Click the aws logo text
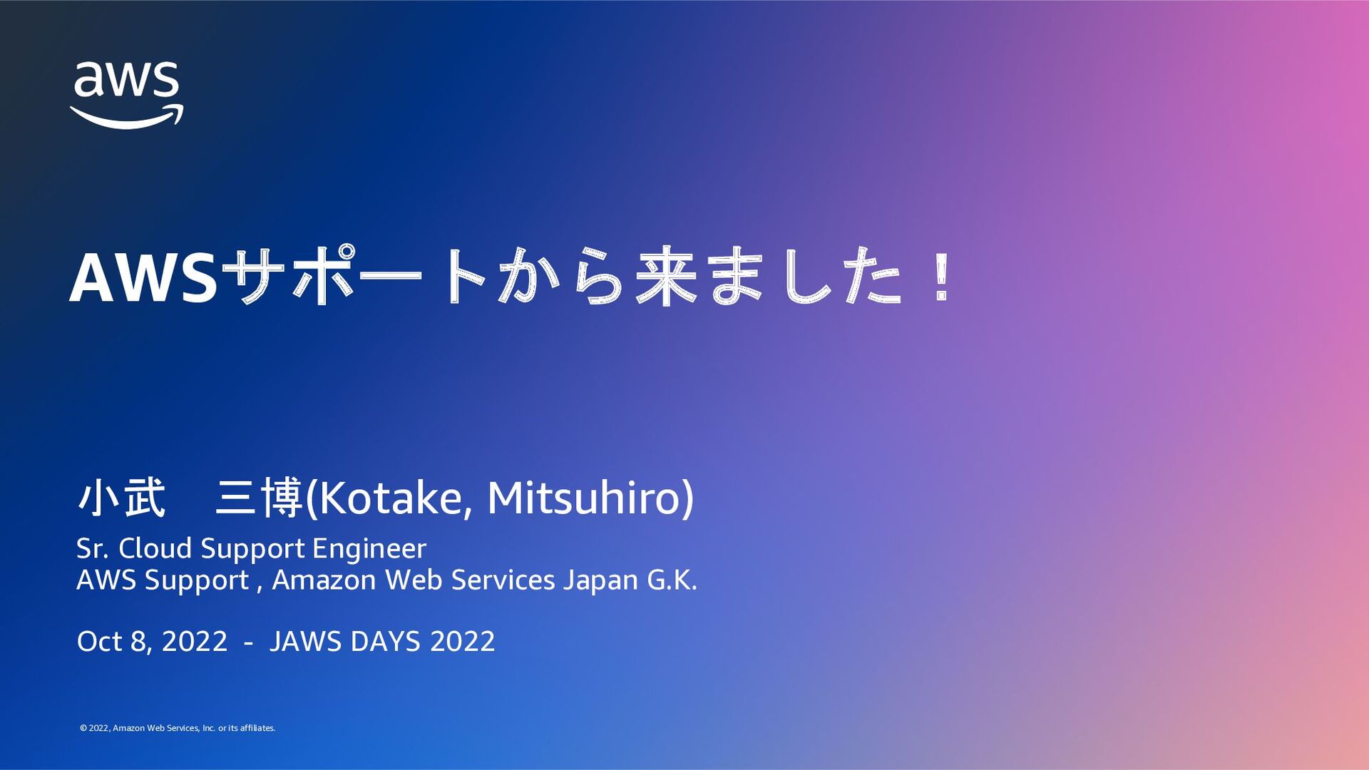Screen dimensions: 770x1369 (x=126, y=79)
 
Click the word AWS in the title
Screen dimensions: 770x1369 (x=143, y=279)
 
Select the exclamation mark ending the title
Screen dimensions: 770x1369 (x=942, y=279)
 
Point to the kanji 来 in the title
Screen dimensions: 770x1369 (x=666, y=277)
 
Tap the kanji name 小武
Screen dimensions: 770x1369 (x=121, y=498)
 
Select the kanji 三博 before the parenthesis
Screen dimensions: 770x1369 (x=260, y=498)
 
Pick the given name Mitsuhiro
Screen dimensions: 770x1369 (x=584, y=498)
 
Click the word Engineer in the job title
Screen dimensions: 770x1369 (x=369, y=548)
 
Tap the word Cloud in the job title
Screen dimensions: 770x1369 (x=155, y=548)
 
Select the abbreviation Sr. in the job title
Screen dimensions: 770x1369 (x=93, y=548)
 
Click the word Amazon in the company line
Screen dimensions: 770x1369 (x=324, y=580)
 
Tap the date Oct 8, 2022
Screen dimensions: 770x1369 (x=152, y=642)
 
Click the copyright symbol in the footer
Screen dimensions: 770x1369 (x=83, y=728)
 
